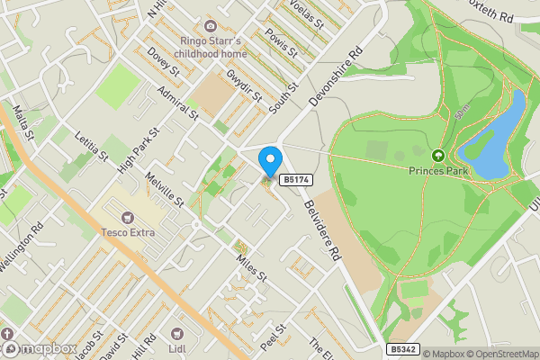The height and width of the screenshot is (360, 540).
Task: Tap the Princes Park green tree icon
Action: (439, 155)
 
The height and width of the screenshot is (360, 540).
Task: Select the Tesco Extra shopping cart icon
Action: (127, 217)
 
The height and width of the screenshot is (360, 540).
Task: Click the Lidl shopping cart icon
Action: (175, 333)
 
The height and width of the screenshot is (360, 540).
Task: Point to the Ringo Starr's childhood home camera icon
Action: (211, 27)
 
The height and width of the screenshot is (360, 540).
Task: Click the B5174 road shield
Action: (295, 180)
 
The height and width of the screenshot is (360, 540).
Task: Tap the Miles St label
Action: (252, 265)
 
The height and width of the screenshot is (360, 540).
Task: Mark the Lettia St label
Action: (91, 144)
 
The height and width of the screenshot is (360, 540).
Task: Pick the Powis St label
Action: (282, 43)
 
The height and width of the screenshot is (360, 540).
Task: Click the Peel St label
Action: (273, 336)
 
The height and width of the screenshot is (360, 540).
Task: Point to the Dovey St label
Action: (164, 64)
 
